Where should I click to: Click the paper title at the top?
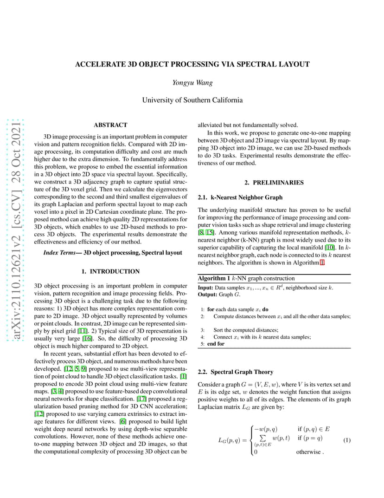point(192,65)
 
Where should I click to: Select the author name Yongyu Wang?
point(192,83)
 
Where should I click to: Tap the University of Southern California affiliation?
point(192,100)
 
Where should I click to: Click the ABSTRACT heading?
point(110,125)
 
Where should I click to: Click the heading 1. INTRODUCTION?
point(110,271)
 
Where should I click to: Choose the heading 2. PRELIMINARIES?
point(274,183)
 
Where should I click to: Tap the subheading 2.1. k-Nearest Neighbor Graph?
point(240,197)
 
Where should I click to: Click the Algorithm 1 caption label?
point(214,278)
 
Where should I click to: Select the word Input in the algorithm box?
point(205,288)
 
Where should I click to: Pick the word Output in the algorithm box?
point(207,295)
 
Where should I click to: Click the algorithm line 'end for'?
point(216,344)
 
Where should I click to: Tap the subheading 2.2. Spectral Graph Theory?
point(235,372)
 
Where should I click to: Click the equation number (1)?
point(346,439)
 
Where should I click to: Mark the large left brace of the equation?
point(252,439)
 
